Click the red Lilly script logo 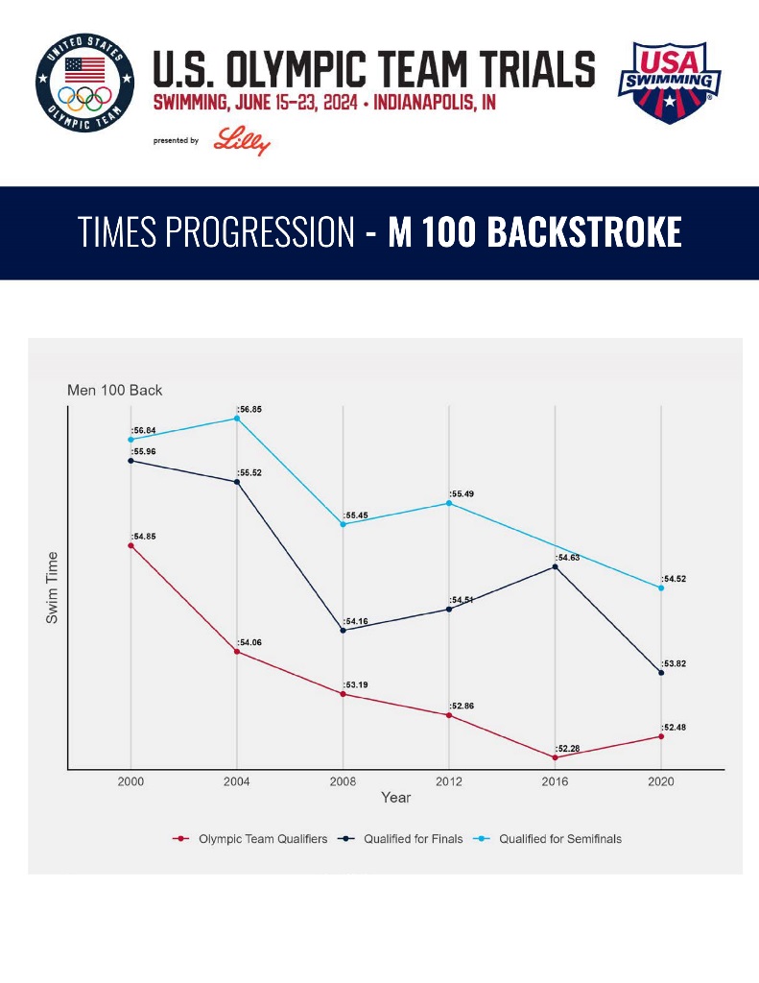242,140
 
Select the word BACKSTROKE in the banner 534,232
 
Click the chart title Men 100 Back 114,391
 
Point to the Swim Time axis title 53,588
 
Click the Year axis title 395,798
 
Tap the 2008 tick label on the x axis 343,781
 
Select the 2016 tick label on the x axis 555,781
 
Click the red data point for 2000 130,545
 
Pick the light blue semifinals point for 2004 237,419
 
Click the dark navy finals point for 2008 343,631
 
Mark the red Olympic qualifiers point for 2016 555,757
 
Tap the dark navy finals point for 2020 661,673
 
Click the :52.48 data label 674,727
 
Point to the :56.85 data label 249,409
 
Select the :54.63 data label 567,557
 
